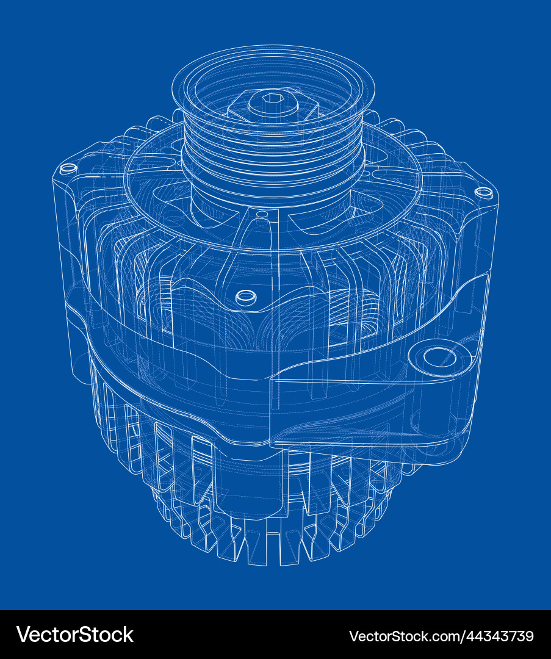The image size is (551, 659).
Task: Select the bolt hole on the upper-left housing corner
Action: point(68,168)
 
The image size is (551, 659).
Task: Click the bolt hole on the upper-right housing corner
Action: point(484,192)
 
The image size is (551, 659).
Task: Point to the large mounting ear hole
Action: point(439,357)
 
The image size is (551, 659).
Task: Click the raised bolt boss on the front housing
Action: point(246,297)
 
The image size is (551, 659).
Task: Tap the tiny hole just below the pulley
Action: point(262,214)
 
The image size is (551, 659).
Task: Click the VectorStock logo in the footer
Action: point(74,635)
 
